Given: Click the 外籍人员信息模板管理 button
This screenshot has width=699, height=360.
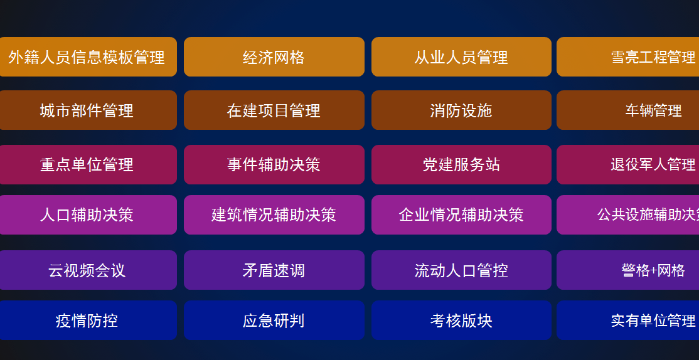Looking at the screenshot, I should tap(87, 57).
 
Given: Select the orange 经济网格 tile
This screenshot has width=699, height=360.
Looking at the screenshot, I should tap(274, 57).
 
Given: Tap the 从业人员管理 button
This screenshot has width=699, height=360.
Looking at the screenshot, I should tap(461, 57).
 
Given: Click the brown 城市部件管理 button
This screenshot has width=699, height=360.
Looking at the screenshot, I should tap(87, 110).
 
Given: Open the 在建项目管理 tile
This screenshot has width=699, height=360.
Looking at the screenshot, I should tap(274, 110).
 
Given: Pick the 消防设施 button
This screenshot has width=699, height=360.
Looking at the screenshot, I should tap(461, 110).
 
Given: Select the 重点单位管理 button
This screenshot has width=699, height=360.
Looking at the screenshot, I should tap(87, 164).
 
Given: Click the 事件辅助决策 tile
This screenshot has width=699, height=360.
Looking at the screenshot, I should tap(274, 164).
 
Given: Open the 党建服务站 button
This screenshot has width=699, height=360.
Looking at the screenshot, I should tap(461, 164).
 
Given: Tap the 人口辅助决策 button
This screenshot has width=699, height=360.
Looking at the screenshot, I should tap(87, 214).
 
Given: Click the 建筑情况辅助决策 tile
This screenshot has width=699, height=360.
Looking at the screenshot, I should tap(274, 214).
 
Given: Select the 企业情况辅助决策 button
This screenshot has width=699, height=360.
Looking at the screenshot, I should tap(461, 214).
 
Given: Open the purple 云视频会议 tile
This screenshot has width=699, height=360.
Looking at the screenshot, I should tap(87, 270).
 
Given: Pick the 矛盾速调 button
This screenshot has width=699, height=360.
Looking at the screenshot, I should tap(274, 270).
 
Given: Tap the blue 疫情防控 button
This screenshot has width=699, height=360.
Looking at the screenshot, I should tap(87, 320).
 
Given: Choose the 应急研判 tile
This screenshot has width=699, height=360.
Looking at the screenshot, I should tap(274, 320).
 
